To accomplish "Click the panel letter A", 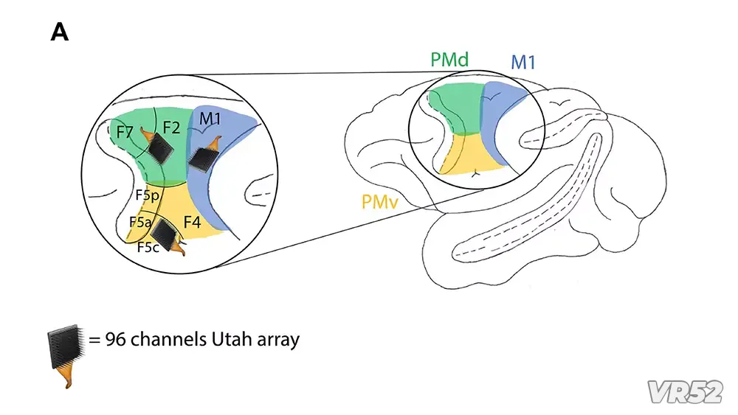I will [60, 32].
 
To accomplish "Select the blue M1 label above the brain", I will [523, 62].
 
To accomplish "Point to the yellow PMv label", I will [380, 201].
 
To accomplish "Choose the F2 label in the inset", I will [172, 127].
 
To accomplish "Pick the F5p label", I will [148, 195].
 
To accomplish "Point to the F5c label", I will [148, 247].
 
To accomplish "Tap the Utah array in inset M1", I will [201, 156].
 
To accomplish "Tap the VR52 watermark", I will [684, 391].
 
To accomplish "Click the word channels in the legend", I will [165, 340].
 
